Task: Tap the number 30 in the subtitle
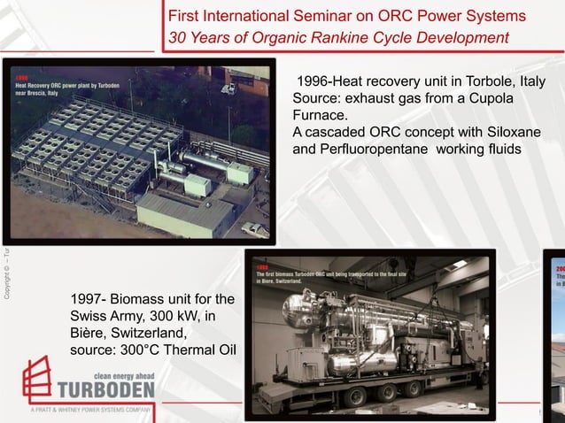178,37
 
